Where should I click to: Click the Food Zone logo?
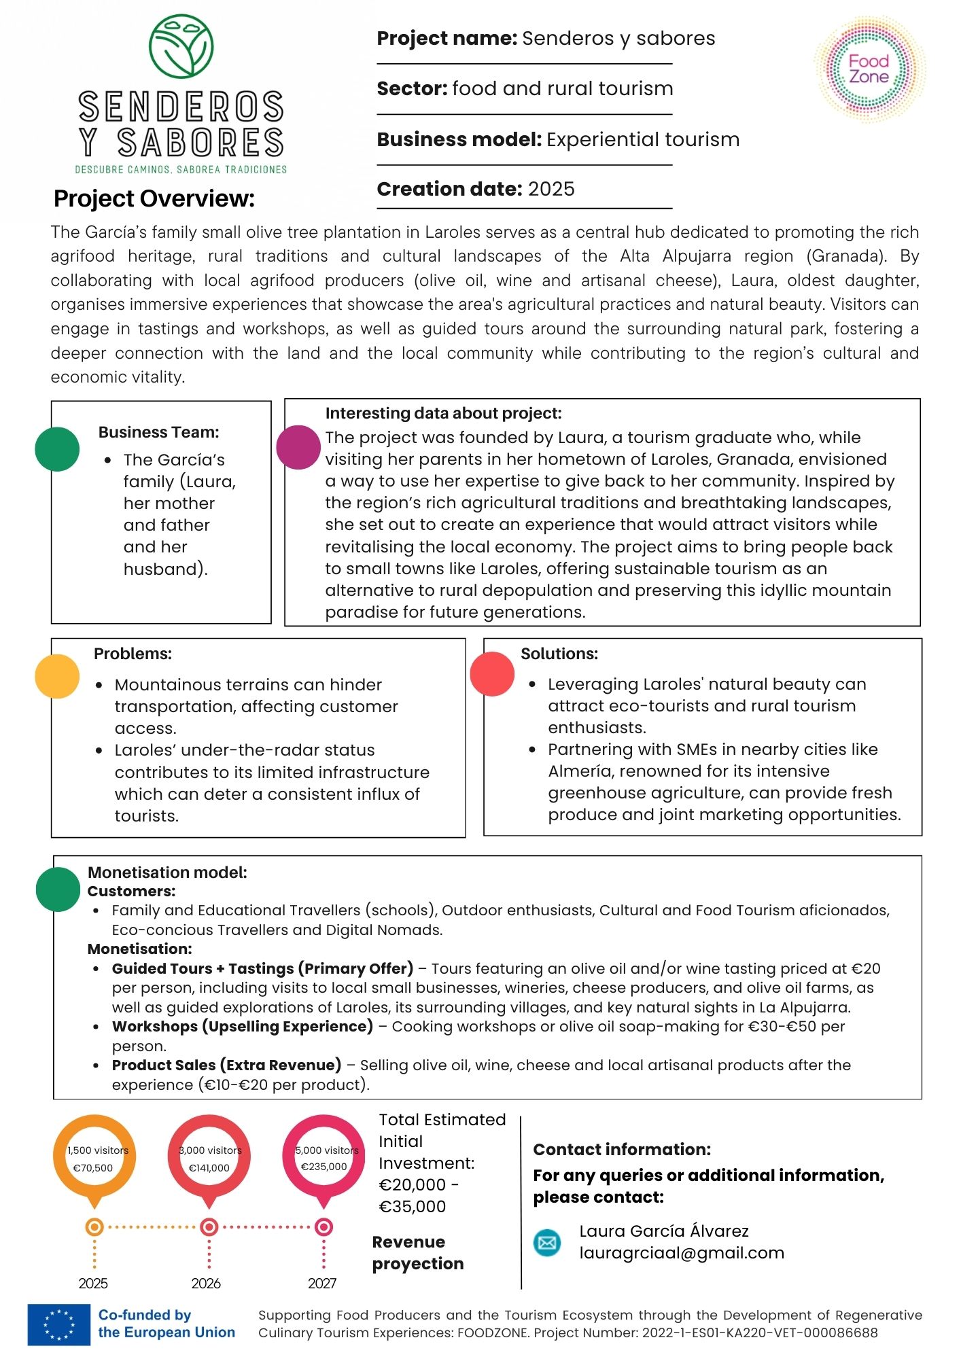[x=869, y=69]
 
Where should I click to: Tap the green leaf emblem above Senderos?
[x=181, y=46]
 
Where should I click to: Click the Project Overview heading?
[x=154, y=198]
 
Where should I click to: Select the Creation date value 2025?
[x=551, y=189]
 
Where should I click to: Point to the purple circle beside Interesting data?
[x=298, y=447]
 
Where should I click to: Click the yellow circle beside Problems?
[x=57, y=676]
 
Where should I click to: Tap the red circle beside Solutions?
[x=492, y=673]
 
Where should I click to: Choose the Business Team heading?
[x=158, y=432]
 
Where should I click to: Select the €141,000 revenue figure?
[x=209, y=1167]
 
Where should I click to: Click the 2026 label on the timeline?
[x=206, y=1283]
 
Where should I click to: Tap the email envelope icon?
[x=547, y=1243]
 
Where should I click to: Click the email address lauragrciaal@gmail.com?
[x=682, y=1252]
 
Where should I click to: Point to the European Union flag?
[x=59, y=1324]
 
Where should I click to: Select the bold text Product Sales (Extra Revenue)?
[x=226, y=1065]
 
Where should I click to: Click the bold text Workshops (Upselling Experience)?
[x=243, y=1026]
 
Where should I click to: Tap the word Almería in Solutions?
[x=578, y=771]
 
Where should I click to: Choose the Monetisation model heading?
[x=167, y=872]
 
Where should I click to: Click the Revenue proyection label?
[x=417, y=1252]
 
